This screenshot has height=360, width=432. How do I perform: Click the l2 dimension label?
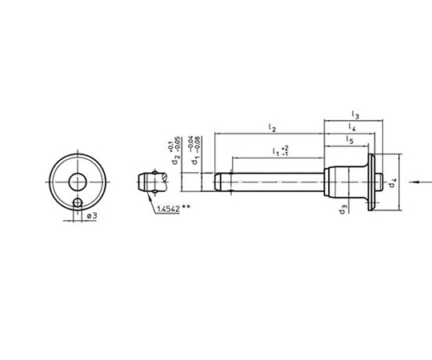pos(272,128)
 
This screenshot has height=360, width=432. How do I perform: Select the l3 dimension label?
pos(355,114)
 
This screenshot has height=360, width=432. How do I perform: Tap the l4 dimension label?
pos(352,127)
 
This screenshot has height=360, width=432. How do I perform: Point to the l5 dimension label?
pos(350,140)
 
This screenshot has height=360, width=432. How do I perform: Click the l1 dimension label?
pos(276,151)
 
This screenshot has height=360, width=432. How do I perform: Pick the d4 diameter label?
pos(392,183)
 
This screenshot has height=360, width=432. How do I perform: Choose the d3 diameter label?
pos(342,210)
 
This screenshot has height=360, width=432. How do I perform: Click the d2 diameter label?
pos(175,160)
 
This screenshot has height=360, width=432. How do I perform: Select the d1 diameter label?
pos(195,160)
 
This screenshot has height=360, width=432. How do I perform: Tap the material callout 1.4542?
pos(168,209)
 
